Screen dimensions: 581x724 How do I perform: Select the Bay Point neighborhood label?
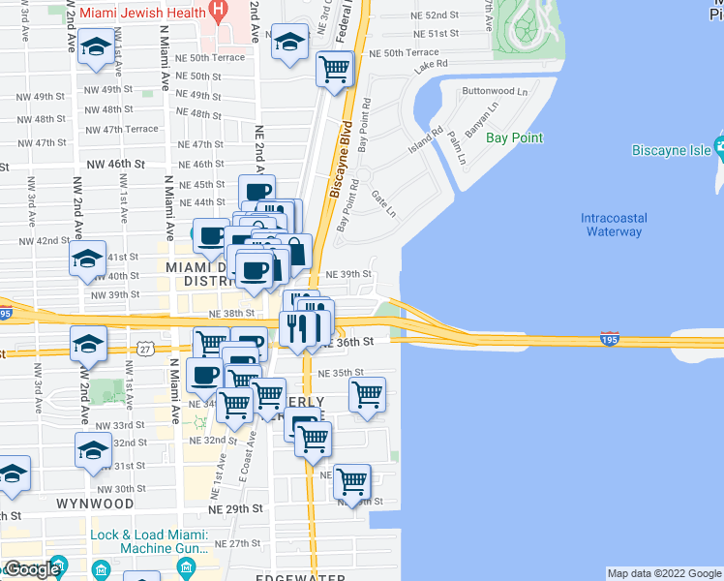(x=514, y=138)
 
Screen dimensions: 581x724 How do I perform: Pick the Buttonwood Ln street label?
(x=496, y=92)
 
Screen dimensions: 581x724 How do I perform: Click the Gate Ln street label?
(x=384, y=203)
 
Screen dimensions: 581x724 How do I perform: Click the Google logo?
(x=31, y=569)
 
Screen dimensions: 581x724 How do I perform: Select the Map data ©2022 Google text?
(x=664, y=573)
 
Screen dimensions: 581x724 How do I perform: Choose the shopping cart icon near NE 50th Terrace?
(x=334, y=69)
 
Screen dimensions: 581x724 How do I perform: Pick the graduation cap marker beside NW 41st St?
(x=87, y=260)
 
